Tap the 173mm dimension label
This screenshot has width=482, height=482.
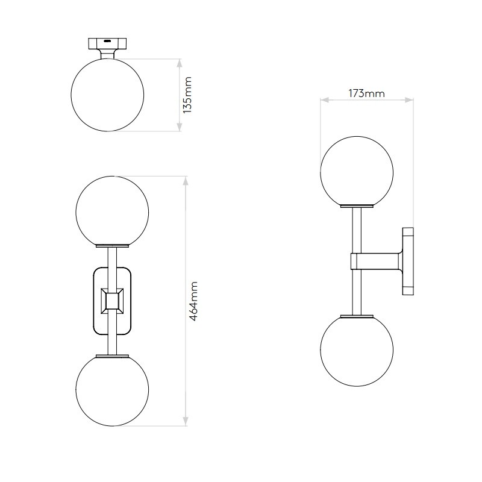pos(366,93)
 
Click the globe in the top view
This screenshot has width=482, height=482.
pos(107,95)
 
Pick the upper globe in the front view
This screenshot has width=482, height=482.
pos(111,211)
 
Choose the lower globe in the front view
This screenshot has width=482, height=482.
pos(111,390)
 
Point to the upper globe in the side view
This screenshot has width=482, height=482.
pos(357,170)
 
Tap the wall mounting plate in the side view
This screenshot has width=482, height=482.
pos(408,261)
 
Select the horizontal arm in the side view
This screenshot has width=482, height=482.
pos(377,261)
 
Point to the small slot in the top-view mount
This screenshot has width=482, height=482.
pos(107,41)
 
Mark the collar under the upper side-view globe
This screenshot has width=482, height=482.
pos(357,207)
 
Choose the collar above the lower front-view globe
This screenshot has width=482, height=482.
pos(111,354)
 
